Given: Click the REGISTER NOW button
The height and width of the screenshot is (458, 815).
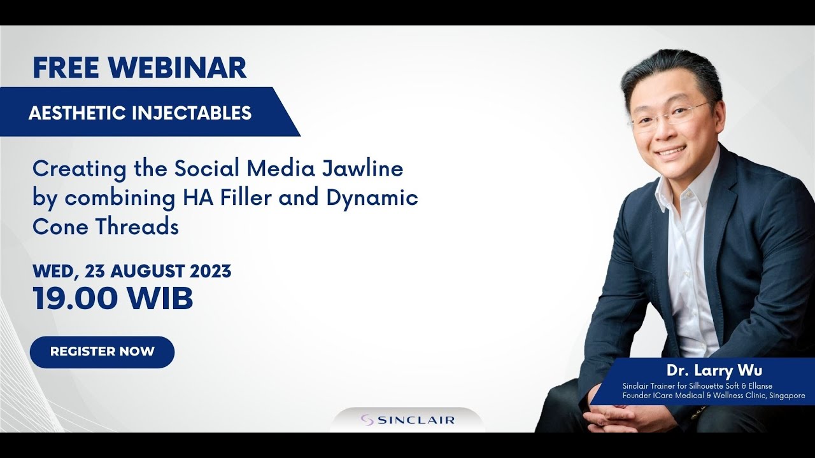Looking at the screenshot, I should (x=102, y=352).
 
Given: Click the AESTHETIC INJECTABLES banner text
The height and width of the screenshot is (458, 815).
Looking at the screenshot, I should (x=140, y=113).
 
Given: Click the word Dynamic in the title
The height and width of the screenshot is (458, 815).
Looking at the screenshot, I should (x=372, y=198).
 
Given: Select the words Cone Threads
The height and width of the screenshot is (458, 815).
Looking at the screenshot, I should (x=106, y=227).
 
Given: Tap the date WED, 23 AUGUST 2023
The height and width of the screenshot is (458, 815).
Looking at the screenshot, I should (x=132, y=271).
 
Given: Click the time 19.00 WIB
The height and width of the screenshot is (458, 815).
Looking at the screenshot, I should (x=113, y=298).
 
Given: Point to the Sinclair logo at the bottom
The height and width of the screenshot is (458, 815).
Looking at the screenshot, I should (x=407, y=420).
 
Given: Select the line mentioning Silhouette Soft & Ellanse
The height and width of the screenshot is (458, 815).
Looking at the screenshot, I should (x=697, y=386).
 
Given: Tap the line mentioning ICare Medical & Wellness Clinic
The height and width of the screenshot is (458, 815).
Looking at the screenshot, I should (x=713, y=396).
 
